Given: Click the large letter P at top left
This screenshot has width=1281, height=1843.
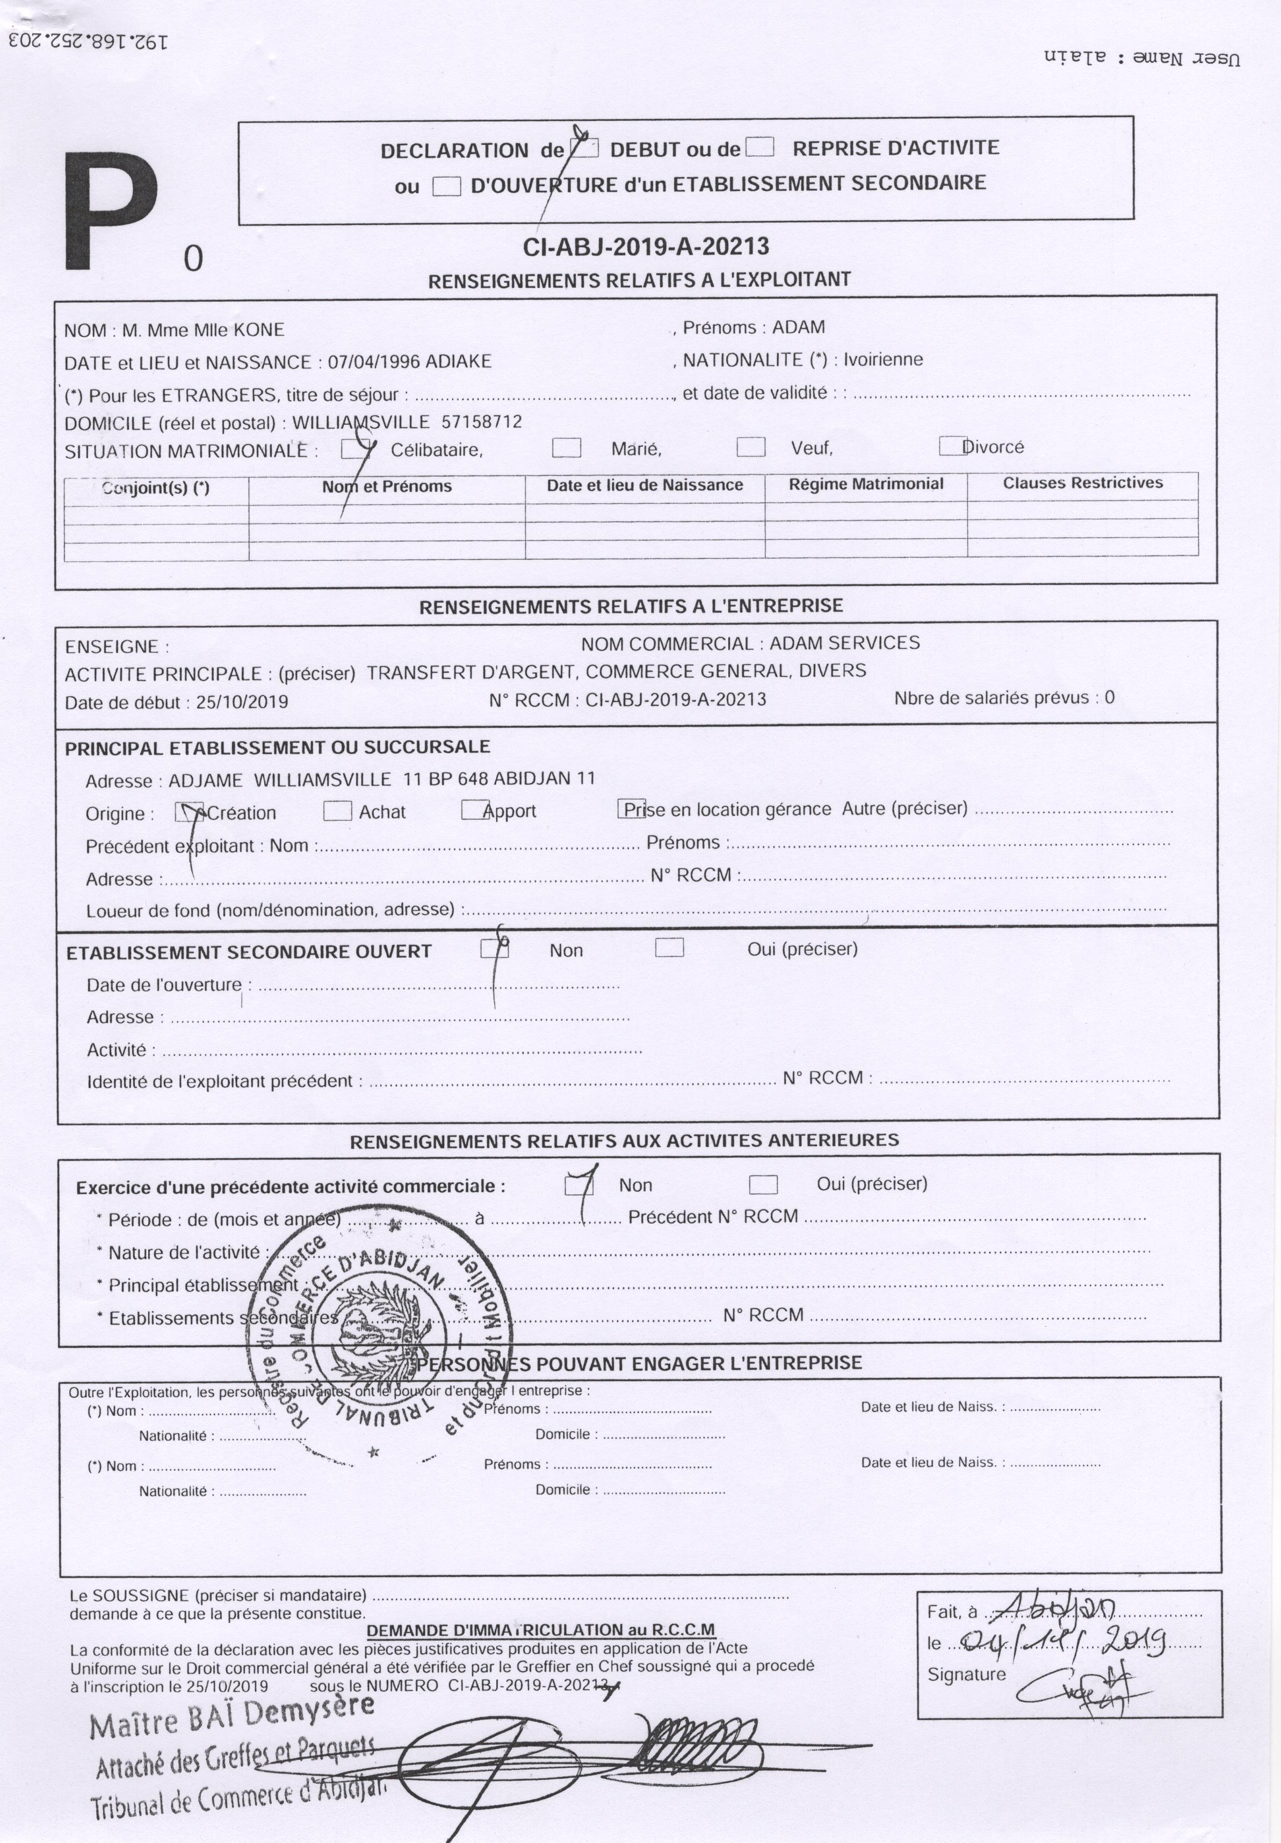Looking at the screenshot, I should tap(111, 211).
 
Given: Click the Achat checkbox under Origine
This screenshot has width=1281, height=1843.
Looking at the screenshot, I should tap(337, 812).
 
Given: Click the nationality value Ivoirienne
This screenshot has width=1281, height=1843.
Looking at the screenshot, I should tap(883, 359).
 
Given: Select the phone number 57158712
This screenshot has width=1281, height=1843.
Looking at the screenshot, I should tap(482, 422).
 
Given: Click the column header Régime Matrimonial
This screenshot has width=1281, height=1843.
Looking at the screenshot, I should tap(866, 484).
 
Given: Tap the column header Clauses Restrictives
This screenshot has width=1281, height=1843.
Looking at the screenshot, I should tap(1083, 482).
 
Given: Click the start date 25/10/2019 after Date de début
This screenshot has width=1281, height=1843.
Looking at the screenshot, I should tap(242, 702).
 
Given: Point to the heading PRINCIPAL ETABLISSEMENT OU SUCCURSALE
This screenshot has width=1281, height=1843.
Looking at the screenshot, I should tap(277, 747).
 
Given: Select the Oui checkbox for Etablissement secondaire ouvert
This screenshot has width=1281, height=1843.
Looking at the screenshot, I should tap(669, 948).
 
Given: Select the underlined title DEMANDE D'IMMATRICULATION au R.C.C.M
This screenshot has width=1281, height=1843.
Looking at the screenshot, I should tap(540, 1630).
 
